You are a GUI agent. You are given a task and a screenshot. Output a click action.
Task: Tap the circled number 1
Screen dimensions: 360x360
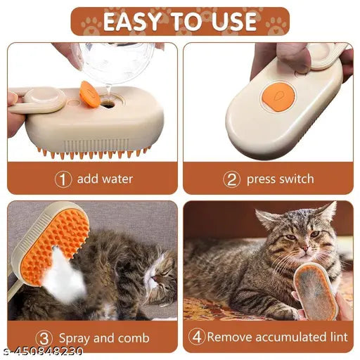[63, 179]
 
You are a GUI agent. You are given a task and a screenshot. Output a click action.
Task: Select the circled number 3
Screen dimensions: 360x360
[44, 337]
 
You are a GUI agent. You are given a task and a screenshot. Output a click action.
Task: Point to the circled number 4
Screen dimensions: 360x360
[196, 337]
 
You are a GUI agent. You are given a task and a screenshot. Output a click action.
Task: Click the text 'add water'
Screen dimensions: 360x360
[105, 179]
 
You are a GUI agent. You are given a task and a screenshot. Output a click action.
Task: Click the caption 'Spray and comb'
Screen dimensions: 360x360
[104, 337]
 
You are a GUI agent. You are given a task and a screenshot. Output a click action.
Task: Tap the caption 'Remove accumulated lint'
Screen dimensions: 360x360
[277, 337]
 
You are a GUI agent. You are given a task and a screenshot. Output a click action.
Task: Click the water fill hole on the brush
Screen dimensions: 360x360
[109, 102]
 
